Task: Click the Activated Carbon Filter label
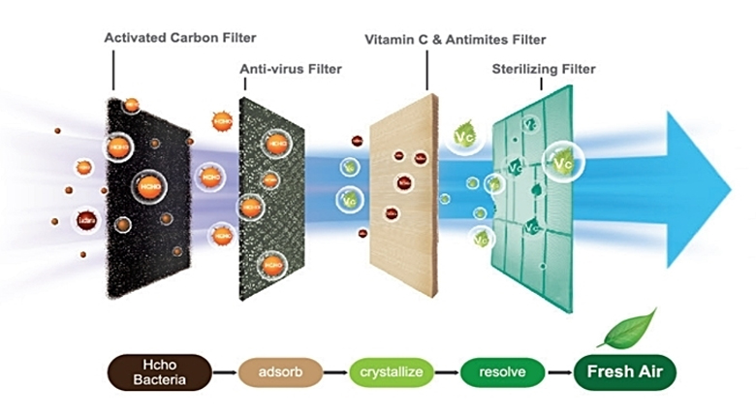[x=180, y=38]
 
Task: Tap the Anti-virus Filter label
[x=291, y=70]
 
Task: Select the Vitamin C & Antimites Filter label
[x=455, y=40]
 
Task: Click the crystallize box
[x=392, y=372]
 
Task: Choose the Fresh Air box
[x=623, y=372]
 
